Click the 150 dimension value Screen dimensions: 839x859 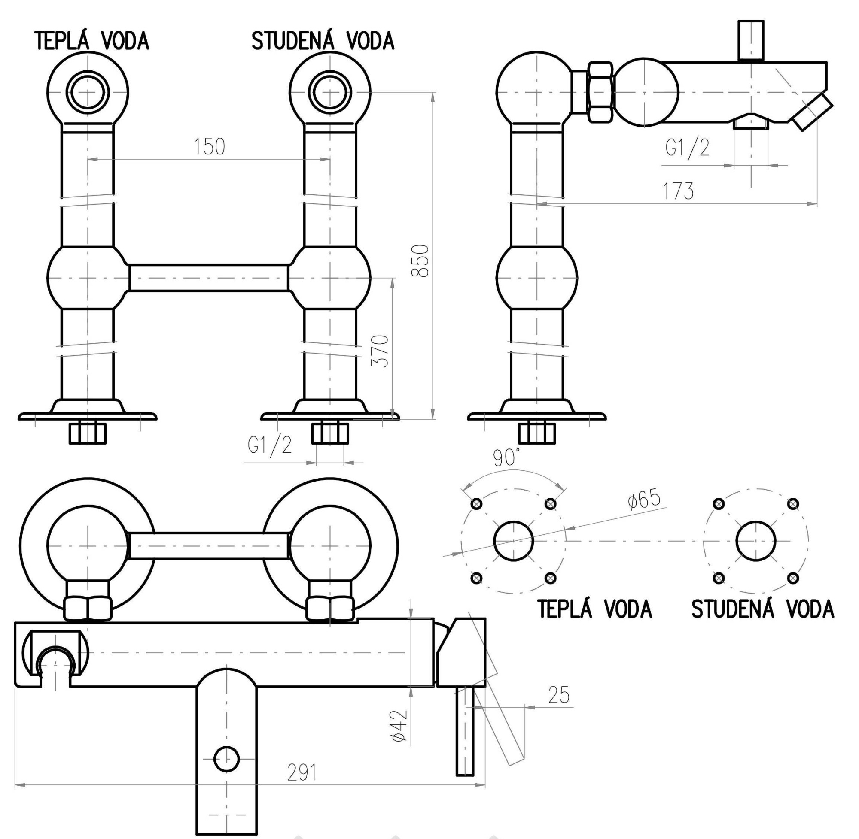pyautogui.click(x=210, y=146)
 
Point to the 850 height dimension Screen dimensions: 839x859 pyautogui.click(x=420, y=261)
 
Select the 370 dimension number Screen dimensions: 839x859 pyautogui.click(x=380, y=351)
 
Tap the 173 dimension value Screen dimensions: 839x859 pyautogui.click(x=678, y=191)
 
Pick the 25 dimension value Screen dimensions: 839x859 pyautogui.click(x=559, y=695)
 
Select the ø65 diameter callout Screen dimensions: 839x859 pyautogui.click(x=644, y=500)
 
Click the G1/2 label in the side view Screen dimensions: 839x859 pyautogui.click(x=688, y=148)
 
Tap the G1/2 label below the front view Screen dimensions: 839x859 pyautogui.click(x=269, y=445)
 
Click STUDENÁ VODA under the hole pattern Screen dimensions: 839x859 pyautogui.click(x=762, y=609)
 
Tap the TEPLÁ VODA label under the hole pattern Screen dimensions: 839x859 pyautogui.click(x=594, y=609)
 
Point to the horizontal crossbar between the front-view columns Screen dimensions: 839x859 pyautogui.click(x=209, y=278)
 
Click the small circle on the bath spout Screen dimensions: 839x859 pyautogui.click(x=226, y=759)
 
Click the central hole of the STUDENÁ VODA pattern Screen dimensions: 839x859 pyautogui.click(x=756, y=542)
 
